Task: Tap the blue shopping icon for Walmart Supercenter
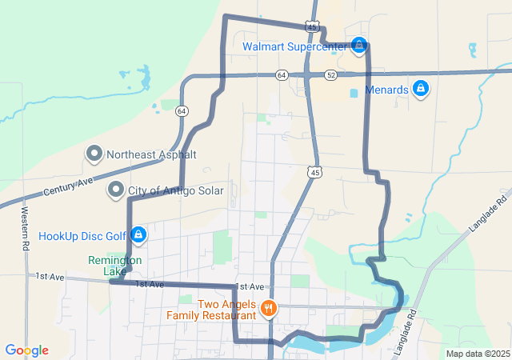point(360,45)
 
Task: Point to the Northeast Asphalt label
point(151,154)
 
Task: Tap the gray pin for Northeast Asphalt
point(95,154)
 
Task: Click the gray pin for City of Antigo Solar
point(117,190)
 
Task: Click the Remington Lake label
point(115,266)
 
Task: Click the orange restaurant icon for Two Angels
point(268,306)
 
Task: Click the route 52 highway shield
point(331,74)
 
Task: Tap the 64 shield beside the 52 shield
point(281,74)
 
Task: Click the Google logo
point(26,350)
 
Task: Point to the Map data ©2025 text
point(477,354)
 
